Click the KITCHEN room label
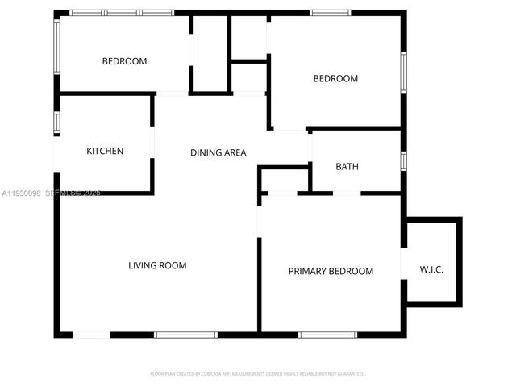pyautogui.click(x=105, y=151)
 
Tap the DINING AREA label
pyautogui.click(x=218, y=152)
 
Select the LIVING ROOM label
pyautogui.click(x=157, y=265)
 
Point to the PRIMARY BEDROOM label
pyautogui.click(x=331, y=271)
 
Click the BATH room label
pyautogui.click(x=347, y=167)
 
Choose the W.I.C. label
pyautogui.click(x=431, y=269)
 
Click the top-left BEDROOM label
pyautogui.click(x=124, y=61)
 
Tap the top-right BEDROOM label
pyautogui.click(x=335, y=78)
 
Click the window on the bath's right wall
pyautogui.click(x=403, y=160)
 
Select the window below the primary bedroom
pyautogui.click(x=328, y=335)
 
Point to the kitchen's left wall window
pyautogui.click(x=56, y=122)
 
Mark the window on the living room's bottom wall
pyautogui.click(x=185, y=335)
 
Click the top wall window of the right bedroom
pyautogui.click(x=331, y=12)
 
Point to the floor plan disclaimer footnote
pyautogui.click(x=258, y=374)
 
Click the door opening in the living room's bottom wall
pyautogui.click(x=91, y=335)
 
